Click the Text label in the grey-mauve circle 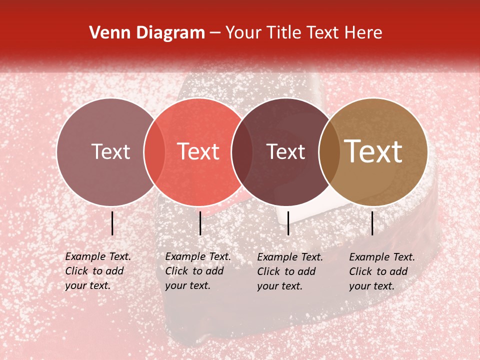[x=110, y=151]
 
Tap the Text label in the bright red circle [x=198, y=151]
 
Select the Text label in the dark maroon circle [x=286, y=151]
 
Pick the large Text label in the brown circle [x=373, y=151]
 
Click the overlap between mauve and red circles [x=154, y=152]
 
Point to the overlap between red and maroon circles [x=241, y=152]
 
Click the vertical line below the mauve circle [x=112, y=223]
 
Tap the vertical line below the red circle [x=200, y=223]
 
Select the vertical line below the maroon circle [x=288, y=223]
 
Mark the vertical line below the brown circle [x=372, y=223]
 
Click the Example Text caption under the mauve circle [x=97, y=271]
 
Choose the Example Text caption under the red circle [x=197, y=271]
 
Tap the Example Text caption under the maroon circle [x=289, y=271]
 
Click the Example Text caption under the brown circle [x=381, y=271]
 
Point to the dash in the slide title [x=215, y=33]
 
